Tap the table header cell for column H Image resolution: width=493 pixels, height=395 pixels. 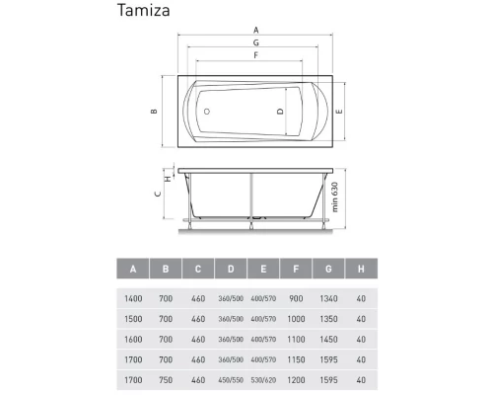(x=361, y=270)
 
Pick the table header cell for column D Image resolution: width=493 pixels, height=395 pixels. (x=230, y=270)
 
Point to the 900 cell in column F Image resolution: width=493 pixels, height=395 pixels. (x=296, y=297)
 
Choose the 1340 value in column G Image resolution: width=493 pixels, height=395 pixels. (x=328, y=297)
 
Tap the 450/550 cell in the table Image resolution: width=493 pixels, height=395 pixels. (x=230, y=377)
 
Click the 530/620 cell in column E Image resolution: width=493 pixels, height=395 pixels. (x=262, y=377)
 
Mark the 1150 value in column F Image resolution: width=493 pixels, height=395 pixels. (x=296, y=357)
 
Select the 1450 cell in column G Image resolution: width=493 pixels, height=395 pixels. (x=328, y=338)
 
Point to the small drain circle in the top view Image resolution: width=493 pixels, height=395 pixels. (x=209, y=112)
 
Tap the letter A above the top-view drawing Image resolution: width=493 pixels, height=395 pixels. (x=255, y=30)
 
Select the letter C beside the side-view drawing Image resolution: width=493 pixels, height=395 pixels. (x=157, y=196)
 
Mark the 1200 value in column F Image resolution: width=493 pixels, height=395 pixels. (x=296, y=377)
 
